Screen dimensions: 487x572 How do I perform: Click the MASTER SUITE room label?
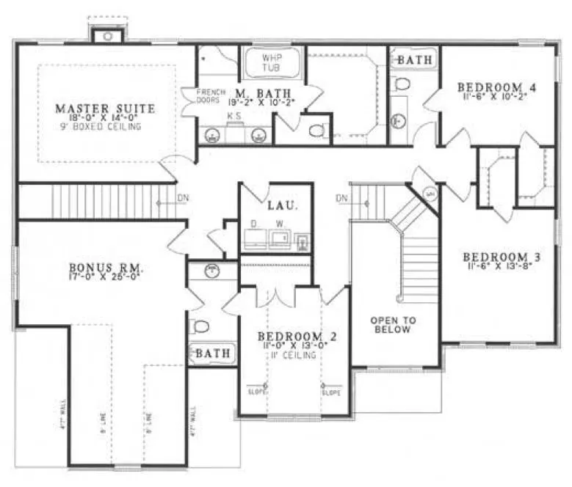[105, 109]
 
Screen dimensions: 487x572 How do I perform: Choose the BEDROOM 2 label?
[297, 337]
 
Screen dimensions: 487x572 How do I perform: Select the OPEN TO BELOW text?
[393, 325]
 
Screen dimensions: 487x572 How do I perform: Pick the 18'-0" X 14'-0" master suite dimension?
[105, 118]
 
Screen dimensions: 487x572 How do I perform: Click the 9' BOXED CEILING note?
[105, 127]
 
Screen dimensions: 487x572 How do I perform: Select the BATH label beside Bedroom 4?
[415, 59]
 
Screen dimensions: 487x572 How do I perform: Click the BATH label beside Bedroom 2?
[212, 354]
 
